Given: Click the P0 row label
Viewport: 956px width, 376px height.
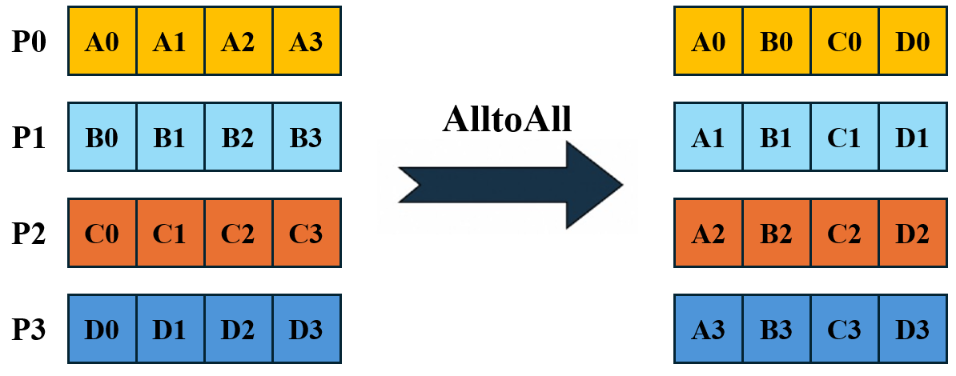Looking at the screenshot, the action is click(30, 42).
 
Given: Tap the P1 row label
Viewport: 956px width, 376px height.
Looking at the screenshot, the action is click(30, 138).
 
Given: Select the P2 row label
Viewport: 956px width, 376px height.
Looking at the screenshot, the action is click(30, 234).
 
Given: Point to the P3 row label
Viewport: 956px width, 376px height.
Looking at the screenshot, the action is click(30, 329).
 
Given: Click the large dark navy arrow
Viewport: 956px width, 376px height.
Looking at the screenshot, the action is click(511, 185).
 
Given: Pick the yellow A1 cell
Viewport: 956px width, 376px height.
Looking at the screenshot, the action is click(170, 41).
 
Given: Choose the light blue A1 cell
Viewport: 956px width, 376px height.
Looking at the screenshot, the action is click(708, 137).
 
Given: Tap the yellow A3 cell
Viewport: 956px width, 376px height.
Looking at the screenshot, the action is click(307, 41).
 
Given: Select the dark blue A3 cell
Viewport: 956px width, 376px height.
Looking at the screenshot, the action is click(708, 329).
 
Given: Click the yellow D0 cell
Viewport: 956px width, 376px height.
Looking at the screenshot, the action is click(913, 41).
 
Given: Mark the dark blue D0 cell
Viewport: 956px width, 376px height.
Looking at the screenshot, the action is click(102, 329).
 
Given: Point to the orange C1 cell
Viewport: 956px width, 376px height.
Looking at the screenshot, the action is click(170, 233).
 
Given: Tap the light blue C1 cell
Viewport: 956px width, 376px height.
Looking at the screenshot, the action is click(845, 137).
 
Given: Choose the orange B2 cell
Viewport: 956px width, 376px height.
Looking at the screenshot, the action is click(776, 233).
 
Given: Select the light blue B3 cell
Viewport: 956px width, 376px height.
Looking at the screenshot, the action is click(307, 137).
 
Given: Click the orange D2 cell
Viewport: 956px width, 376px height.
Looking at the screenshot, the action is click(913, 233).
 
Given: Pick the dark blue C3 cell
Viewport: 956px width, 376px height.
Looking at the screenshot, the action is click(845, 329).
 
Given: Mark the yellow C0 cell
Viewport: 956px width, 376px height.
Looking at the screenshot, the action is click(845, 41).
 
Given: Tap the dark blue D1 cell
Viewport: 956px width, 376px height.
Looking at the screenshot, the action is click(170, 329).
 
